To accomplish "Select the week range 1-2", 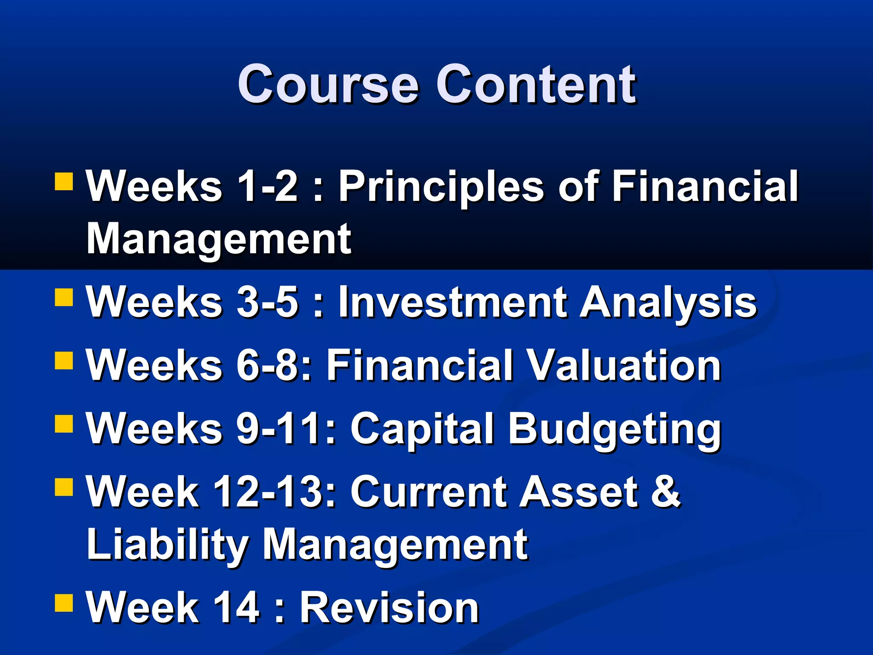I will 267,186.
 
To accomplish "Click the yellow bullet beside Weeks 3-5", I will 64,298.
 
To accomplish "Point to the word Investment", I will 452,302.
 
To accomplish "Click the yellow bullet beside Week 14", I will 64,603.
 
